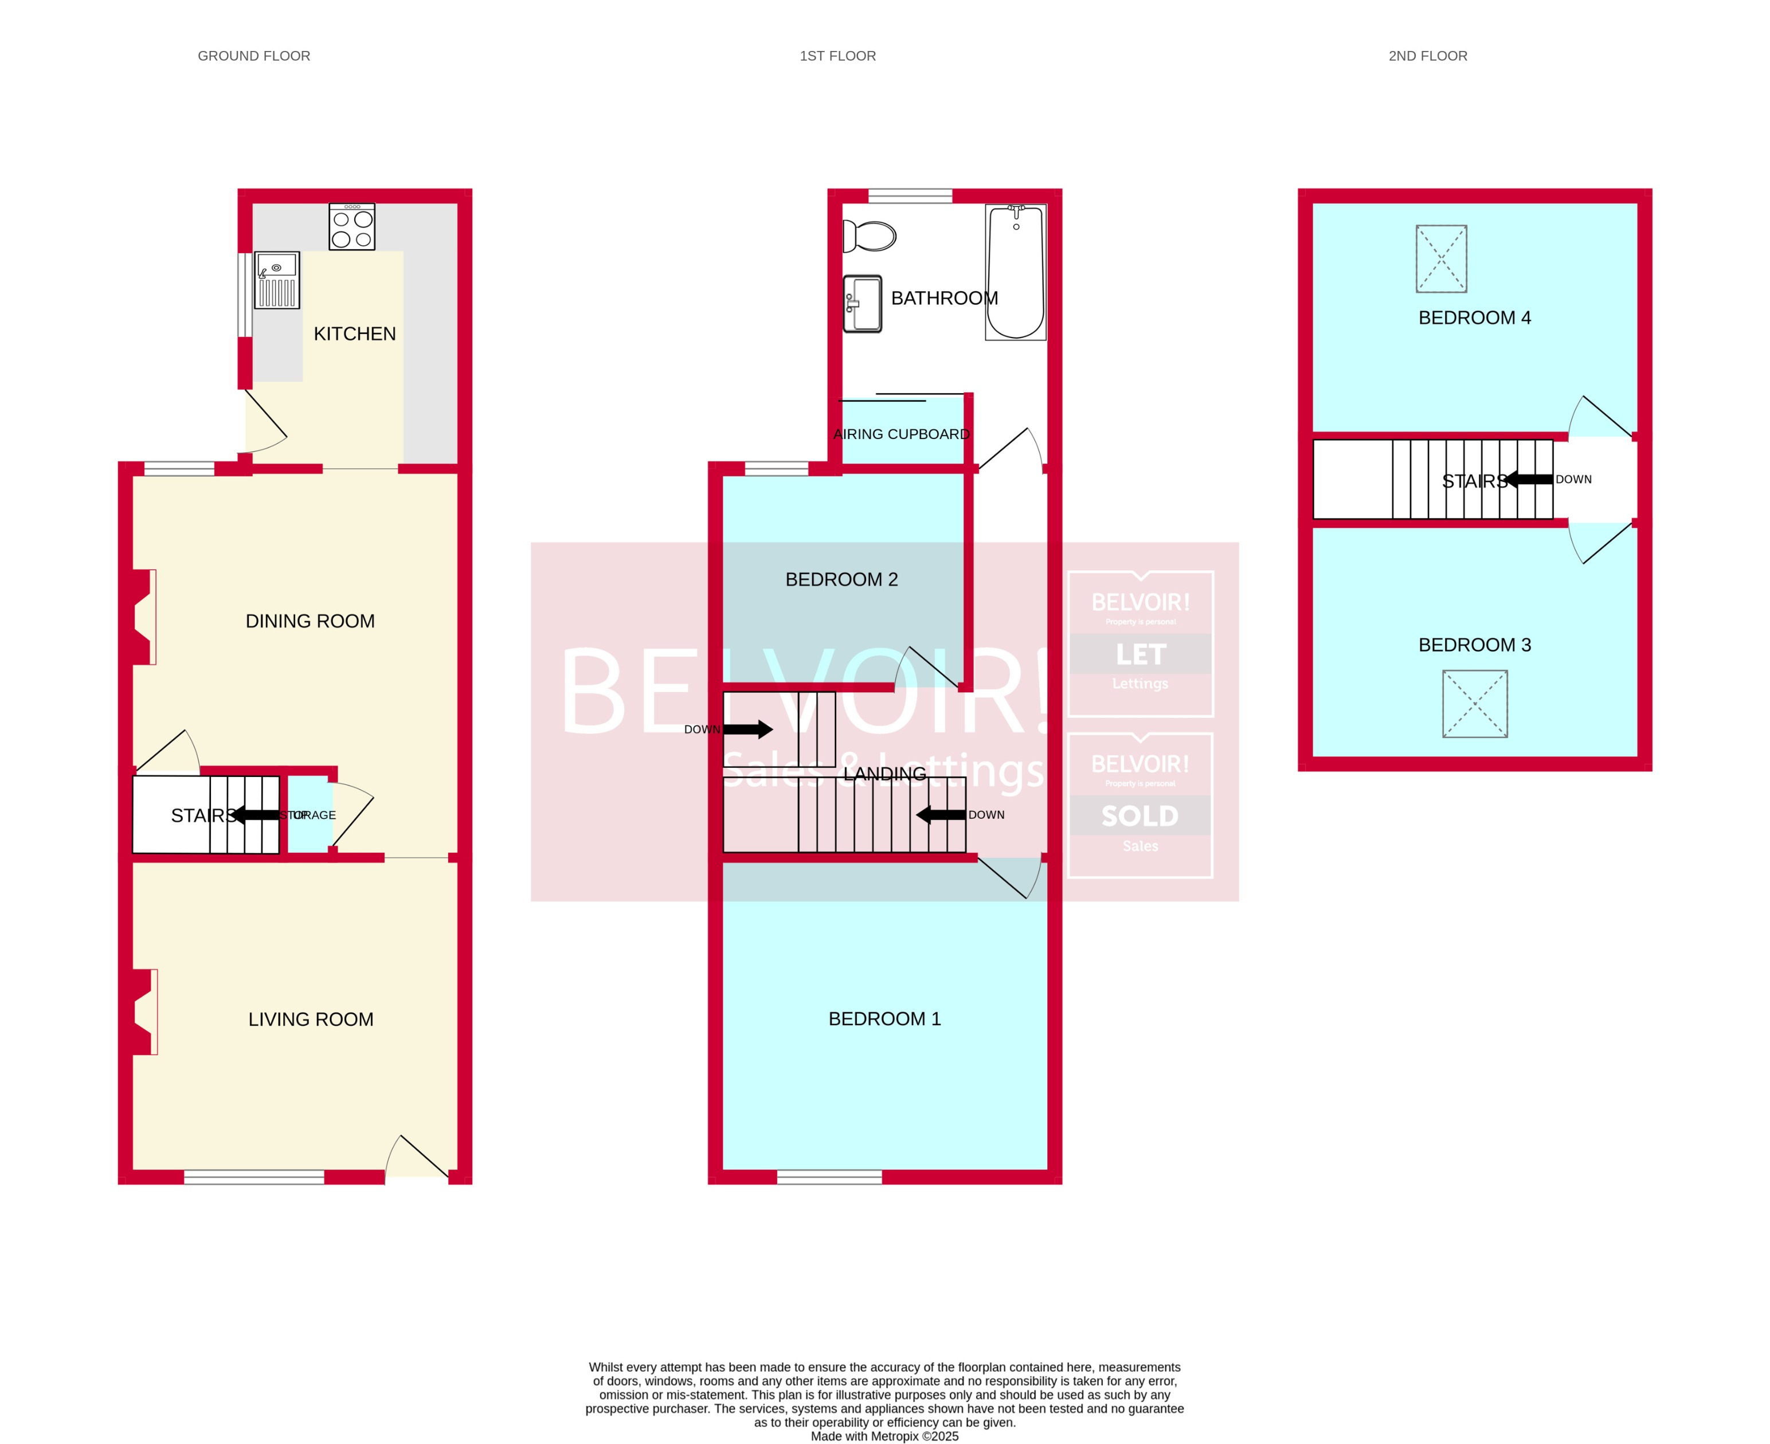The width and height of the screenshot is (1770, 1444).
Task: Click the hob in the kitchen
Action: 352,227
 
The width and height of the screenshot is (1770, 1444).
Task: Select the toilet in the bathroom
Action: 870,236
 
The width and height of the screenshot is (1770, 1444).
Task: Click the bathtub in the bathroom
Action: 1015,272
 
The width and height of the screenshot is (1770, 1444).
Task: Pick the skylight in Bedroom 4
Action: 1442,258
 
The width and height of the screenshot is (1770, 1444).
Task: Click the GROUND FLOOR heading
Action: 254,56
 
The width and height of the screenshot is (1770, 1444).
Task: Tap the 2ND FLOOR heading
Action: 1427,56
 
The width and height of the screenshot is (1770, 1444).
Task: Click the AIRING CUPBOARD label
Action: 901,434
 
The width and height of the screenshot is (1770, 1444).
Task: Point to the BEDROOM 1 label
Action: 884,1019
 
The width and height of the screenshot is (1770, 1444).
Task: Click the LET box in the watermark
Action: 1140,654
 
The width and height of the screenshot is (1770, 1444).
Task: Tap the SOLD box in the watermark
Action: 1140,816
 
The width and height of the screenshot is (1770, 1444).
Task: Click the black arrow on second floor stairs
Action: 1529,479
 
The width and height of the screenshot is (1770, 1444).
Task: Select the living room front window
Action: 254,1177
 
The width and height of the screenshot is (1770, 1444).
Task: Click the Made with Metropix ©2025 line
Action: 884,1435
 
